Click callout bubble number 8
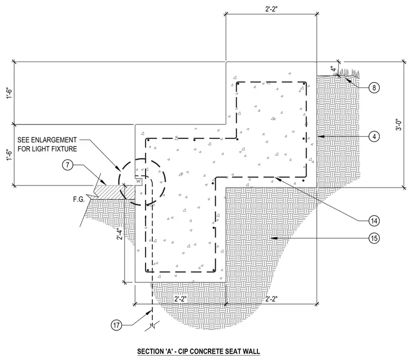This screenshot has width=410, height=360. click(x=374, y=87)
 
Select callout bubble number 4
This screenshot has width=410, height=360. click(x=374, y=136)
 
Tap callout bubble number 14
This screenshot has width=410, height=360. click(x=374, y=221)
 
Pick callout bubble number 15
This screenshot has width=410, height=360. click(x=374, y=238)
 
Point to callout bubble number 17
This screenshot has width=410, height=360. click(x=117, y=326)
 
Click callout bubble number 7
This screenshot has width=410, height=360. click(x=68, y=165)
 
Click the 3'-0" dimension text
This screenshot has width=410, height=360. click(x=398, y=125)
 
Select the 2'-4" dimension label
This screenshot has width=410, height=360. click(x=120, y=234)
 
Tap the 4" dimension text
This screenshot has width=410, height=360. click(x=333, y=69)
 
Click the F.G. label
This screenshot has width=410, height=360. click(x=79, y=199)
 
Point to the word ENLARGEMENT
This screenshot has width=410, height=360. click(x=54, y=140)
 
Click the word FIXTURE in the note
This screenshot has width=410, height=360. click(x=64, y=149)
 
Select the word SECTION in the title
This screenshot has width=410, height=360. click(x=149, y=351)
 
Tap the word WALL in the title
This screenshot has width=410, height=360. click(x=251, y=351)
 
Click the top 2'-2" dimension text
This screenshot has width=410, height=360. click(x=271, y=9)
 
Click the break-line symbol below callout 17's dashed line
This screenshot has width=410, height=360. click(x=152, y=327)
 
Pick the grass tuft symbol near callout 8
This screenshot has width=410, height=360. click(x=348, y=73)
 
